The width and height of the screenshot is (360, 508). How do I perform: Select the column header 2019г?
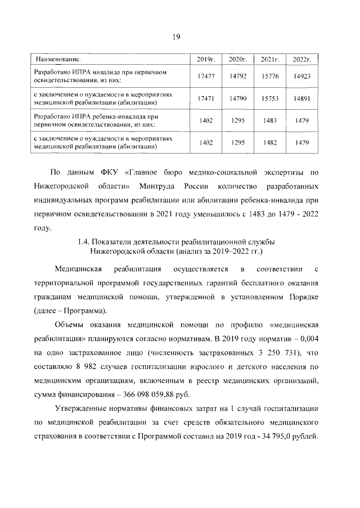(204, 59)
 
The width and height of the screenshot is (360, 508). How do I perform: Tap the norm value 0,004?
(307, 338)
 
